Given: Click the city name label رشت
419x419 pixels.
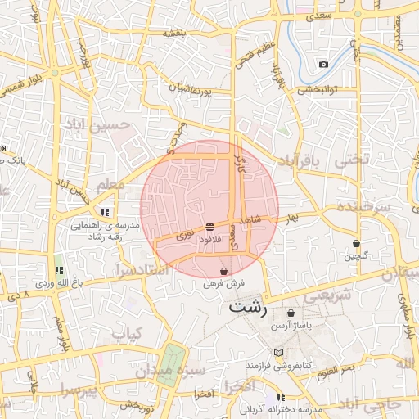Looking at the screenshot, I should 248,309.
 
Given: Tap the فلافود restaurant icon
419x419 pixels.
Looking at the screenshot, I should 210,226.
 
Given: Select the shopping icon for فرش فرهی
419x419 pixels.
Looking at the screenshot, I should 223,271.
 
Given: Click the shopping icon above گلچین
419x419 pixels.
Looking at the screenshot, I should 356,243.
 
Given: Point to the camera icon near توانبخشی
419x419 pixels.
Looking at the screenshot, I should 324,64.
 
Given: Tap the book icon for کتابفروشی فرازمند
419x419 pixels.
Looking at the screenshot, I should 279,352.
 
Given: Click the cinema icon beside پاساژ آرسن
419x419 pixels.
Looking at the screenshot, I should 291,313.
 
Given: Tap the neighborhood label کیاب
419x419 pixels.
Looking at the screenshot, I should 127,334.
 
